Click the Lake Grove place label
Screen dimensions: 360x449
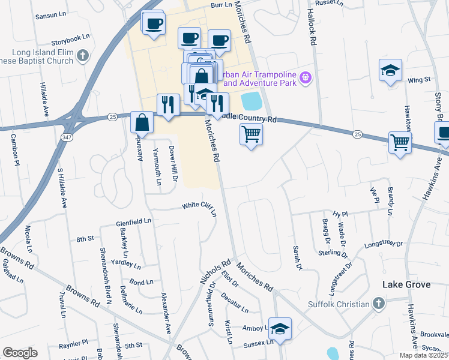(407, 284)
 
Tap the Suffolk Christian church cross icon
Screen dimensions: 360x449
(378, 304)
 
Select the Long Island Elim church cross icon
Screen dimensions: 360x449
(83, 56)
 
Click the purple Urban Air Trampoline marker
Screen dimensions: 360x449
(306, 77)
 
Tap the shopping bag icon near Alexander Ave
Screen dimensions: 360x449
(143, 122)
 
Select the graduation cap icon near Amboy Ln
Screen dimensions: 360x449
(280, 328)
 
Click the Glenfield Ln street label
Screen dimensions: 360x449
(133, 222)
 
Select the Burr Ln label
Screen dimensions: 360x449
(221, 4)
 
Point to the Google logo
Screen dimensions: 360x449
(20, 353)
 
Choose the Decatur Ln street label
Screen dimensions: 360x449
(234, 304)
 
